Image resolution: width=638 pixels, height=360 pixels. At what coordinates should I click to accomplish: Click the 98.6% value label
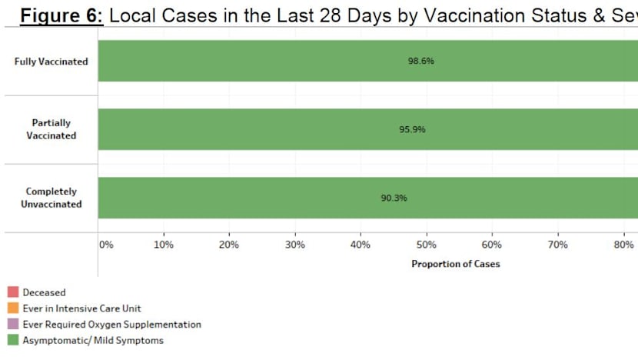coord(421,61)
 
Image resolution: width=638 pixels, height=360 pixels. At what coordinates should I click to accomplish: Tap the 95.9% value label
coord(412,129)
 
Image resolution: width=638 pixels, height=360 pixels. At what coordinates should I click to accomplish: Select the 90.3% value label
coord(394,198)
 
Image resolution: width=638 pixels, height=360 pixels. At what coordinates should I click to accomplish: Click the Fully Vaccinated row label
coord(52,62)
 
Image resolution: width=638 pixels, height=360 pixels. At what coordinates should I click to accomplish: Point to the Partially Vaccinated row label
coord(52,129)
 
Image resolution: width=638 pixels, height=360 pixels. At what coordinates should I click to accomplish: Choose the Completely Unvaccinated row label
coord(52,198)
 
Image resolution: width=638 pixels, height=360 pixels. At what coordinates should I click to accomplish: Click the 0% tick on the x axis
coord(106,245)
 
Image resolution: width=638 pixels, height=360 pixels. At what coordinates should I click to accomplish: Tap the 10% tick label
coord(164,245)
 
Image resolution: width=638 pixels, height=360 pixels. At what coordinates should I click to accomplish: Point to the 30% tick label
coord(295,245)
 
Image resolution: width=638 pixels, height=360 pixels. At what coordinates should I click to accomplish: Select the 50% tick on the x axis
coord(427,245)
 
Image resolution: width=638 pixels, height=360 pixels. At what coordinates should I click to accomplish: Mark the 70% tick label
coord(557,245)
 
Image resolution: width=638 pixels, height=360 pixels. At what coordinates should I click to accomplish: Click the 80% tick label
coord(623,245)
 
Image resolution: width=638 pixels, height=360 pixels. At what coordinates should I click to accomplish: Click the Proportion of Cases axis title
coord(455,265)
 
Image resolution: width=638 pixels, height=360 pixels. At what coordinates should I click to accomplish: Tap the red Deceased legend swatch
coord(13,292)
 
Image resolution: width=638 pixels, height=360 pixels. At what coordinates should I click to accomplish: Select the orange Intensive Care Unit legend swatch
coord(13,308)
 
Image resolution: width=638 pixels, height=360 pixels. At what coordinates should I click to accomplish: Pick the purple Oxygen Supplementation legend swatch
coord(13,325)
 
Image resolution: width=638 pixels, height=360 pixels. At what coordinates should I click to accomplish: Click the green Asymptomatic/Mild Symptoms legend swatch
coord(13,340)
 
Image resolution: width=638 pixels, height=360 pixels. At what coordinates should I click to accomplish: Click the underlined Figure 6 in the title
coord(62,15)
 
